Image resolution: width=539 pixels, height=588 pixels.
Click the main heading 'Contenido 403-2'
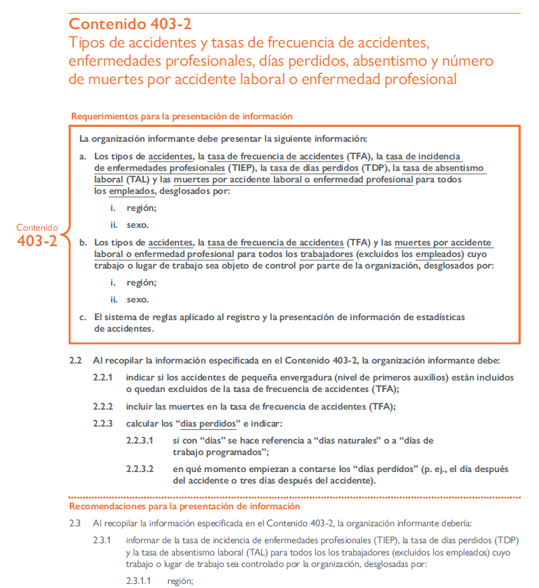pyautogui.click(x=130, y=24)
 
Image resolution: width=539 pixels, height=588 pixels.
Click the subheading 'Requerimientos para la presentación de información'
pyautogui.click(x=182, y=116)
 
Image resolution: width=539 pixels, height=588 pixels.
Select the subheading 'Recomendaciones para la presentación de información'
pyautogui.click(x=184, y=507)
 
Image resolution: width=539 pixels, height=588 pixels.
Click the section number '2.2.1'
pyautogui.click(x=103, y=377)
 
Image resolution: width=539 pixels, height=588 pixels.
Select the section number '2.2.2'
pyautogui.click(x=103, y=407)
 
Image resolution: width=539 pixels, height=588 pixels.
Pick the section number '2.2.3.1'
pyautogui.click(x=140, y=440)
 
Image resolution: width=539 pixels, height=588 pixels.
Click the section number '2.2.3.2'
pyautogui.click(x=140, y=469)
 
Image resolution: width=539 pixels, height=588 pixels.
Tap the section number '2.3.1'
pyautogui.click(x=103, y=541)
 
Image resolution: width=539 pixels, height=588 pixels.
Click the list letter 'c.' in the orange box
pyautogui.click(x=83, y=317)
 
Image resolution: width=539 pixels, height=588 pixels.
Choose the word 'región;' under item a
pyautogui.click(x=141, y=208)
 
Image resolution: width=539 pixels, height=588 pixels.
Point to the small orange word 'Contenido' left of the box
pyautogui.click(x=37, y=227)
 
